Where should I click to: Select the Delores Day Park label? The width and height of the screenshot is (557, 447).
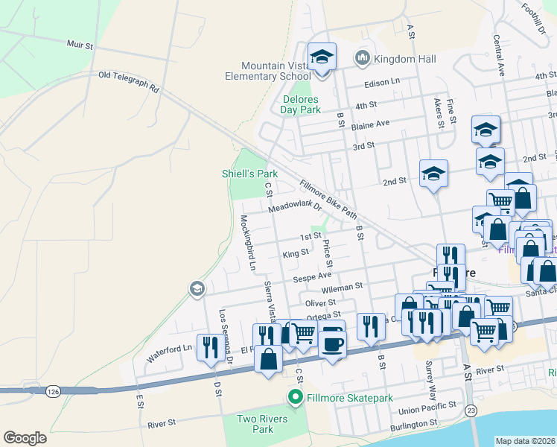pos(300,104)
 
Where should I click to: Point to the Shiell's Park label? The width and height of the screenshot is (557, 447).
pos(249,174)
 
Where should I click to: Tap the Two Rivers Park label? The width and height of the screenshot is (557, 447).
pos(255,424)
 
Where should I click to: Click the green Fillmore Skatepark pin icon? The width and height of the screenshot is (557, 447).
pos(296,398)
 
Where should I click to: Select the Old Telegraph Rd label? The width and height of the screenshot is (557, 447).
pos(128,81)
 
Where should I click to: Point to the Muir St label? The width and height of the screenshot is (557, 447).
pos(79,45)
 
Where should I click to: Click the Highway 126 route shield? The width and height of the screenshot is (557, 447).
pos(52,390)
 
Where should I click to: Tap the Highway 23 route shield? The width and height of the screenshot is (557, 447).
pos(471,410)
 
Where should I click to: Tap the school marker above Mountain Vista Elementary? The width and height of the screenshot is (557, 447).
pos(322,57)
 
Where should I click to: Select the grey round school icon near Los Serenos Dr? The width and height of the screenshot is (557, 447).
pos(197,288)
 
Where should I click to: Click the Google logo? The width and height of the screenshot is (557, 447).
pos(25,438)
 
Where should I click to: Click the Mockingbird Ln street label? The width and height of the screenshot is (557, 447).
pos(247,243)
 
